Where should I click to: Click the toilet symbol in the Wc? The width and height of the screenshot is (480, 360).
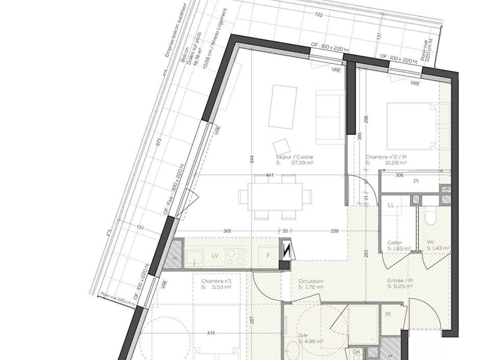[x=430, y=218]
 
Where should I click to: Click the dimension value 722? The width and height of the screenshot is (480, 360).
[x=319, y=15]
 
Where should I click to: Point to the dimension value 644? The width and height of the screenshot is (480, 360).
[x=252, y=159]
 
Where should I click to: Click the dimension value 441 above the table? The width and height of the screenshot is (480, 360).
[x=270, y=175]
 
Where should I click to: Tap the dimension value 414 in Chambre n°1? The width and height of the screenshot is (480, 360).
[x=210, y=333]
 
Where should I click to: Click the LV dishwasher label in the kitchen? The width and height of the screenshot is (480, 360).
[x=215, y=255]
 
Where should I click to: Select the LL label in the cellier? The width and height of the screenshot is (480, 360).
[x=391, y=205]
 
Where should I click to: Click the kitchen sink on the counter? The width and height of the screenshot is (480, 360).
[x=194, y=257]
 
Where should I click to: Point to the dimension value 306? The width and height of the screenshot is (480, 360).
[x=399, y=175]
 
